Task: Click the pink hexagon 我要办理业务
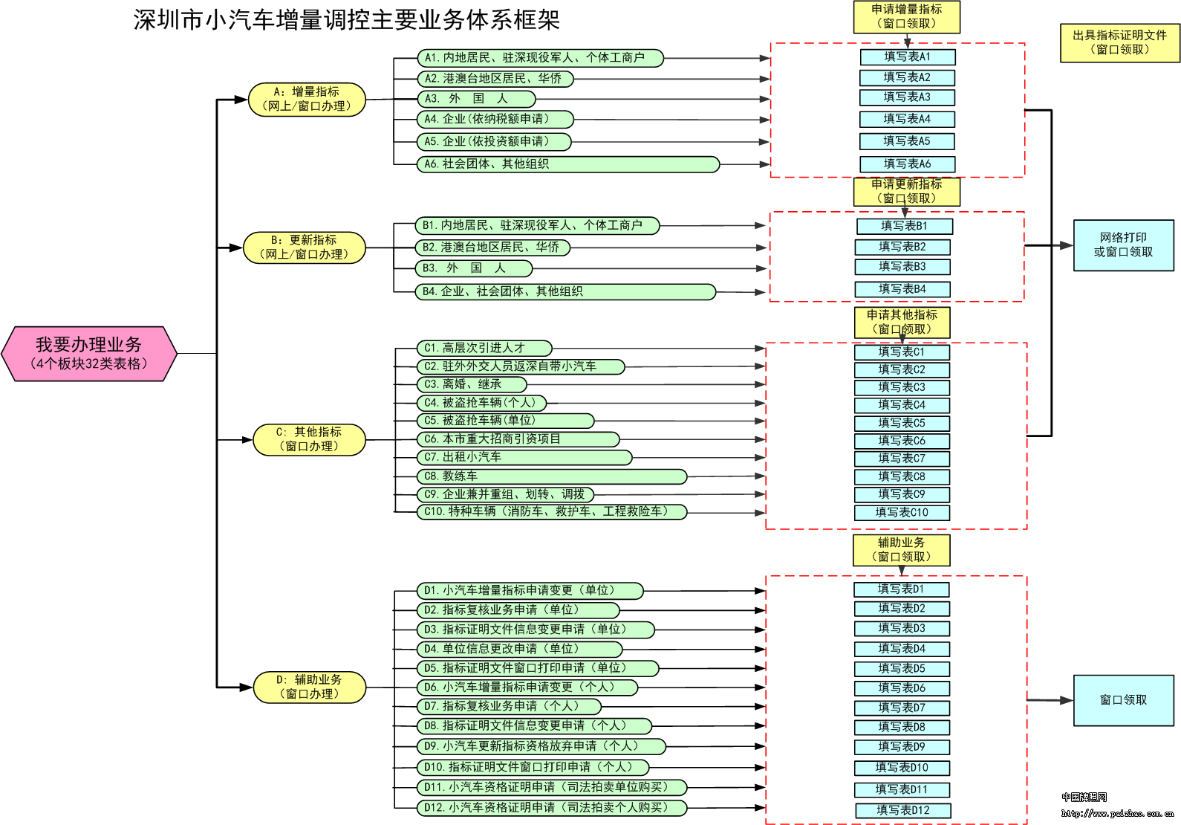pos(89,354)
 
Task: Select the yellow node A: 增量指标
pos(307,99)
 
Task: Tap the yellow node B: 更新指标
pos(305,247)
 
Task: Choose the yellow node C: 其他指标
pos(309,439)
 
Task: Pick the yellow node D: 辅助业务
pos(310,687)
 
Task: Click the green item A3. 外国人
pos(477,99)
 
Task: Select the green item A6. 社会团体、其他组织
pos(568,164)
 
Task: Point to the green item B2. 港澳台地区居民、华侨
pos(492,247)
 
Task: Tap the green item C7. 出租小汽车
pos(524,457)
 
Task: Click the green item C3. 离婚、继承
pos(472,384)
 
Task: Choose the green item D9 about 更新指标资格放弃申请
pos(541,746)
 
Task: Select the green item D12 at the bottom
pos(552,808)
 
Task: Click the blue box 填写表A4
pos(907,119)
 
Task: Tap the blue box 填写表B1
pos(905,226)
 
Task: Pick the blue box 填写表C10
pos(902,513)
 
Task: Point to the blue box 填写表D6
pos(902,688)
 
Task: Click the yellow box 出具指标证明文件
pos(1120,42)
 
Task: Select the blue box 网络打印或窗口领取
pos(1124,245)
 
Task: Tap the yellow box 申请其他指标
pos(902,323)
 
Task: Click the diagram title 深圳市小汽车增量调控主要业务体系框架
pos(346,20)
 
